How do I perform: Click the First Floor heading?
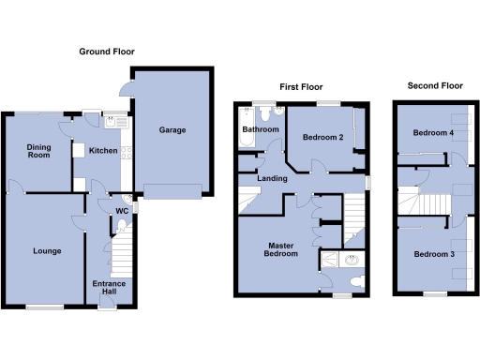tap(301, 86)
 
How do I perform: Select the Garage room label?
tap(171, 130)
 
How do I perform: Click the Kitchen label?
tap(101, 150)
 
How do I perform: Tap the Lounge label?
tap(48, 251)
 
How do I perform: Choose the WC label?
tap(122, 210)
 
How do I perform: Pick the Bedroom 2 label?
tap(322, 138)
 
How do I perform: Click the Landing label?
tap(273, 178)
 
